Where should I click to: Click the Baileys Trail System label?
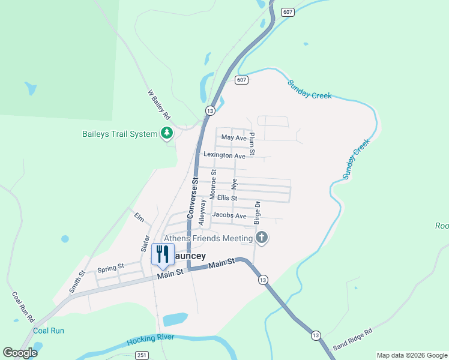coord(119,134)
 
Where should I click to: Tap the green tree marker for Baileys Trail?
coord(167,133)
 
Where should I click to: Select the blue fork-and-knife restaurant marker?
coord(162,255)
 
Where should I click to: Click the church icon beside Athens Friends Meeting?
coord(261,238)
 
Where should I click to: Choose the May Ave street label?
coord(234,137)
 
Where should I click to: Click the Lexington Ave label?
coord(224,155)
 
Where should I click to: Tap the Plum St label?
coord(252,144)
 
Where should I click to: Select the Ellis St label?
coord(228,197)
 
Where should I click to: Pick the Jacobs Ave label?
coord(229,215)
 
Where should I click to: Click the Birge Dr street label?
coord(257,213)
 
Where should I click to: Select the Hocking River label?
coord(150,340)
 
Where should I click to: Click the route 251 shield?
coord(142,355)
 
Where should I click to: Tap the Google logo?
coord(20,353)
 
